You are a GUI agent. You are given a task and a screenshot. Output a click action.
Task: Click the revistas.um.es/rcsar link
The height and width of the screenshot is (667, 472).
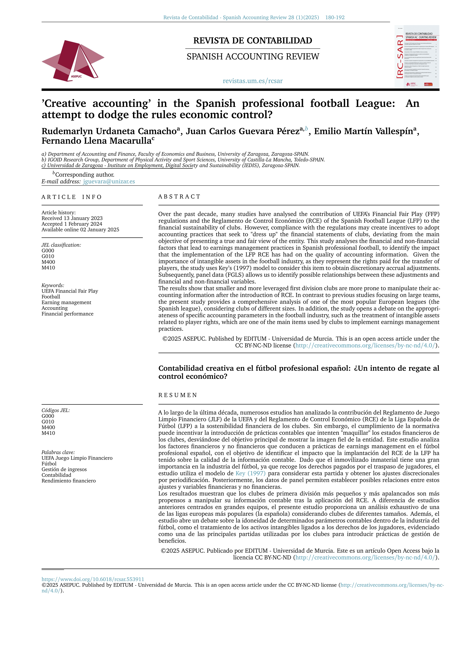coord(253,81)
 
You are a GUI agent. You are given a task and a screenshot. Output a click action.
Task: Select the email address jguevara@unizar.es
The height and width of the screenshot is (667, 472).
coord(109,182)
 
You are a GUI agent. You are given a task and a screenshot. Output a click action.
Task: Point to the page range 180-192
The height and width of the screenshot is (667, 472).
coord(335,17)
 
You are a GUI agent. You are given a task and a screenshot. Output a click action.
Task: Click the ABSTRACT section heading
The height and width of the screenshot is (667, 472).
coord(179,197)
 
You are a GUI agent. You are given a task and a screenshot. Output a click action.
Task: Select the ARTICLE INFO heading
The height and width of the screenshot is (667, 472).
coord(72,197)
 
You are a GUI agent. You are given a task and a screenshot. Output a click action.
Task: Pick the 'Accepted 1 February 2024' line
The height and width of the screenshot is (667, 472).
coord(72,224)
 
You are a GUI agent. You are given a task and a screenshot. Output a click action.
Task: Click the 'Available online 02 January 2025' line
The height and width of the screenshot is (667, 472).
coord(80,230)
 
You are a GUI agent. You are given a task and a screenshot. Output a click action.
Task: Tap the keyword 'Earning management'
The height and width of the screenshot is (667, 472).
coord(66,302)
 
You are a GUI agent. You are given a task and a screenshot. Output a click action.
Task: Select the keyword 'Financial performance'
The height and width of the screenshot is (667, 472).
coord(67,314)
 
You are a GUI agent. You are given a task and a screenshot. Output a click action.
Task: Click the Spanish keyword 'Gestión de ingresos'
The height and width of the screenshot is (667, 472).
coord(64,469)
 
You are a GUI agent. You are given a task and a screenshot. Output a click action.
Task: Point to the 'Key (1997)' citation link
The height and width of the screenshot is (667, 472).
coord(250,473)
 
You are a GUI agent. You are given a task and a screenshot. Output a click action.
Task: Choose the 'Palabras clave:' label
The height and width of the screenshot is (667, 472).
coord(58,452)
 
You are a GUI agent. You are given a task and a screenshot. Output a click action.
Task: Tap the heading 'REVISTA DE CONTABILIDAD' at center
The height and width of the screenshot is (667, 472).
coord(253,41)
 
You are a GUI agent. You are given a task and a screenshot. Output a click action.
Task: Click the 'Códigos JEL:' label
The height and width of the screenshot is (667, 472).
coord(56,410)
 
